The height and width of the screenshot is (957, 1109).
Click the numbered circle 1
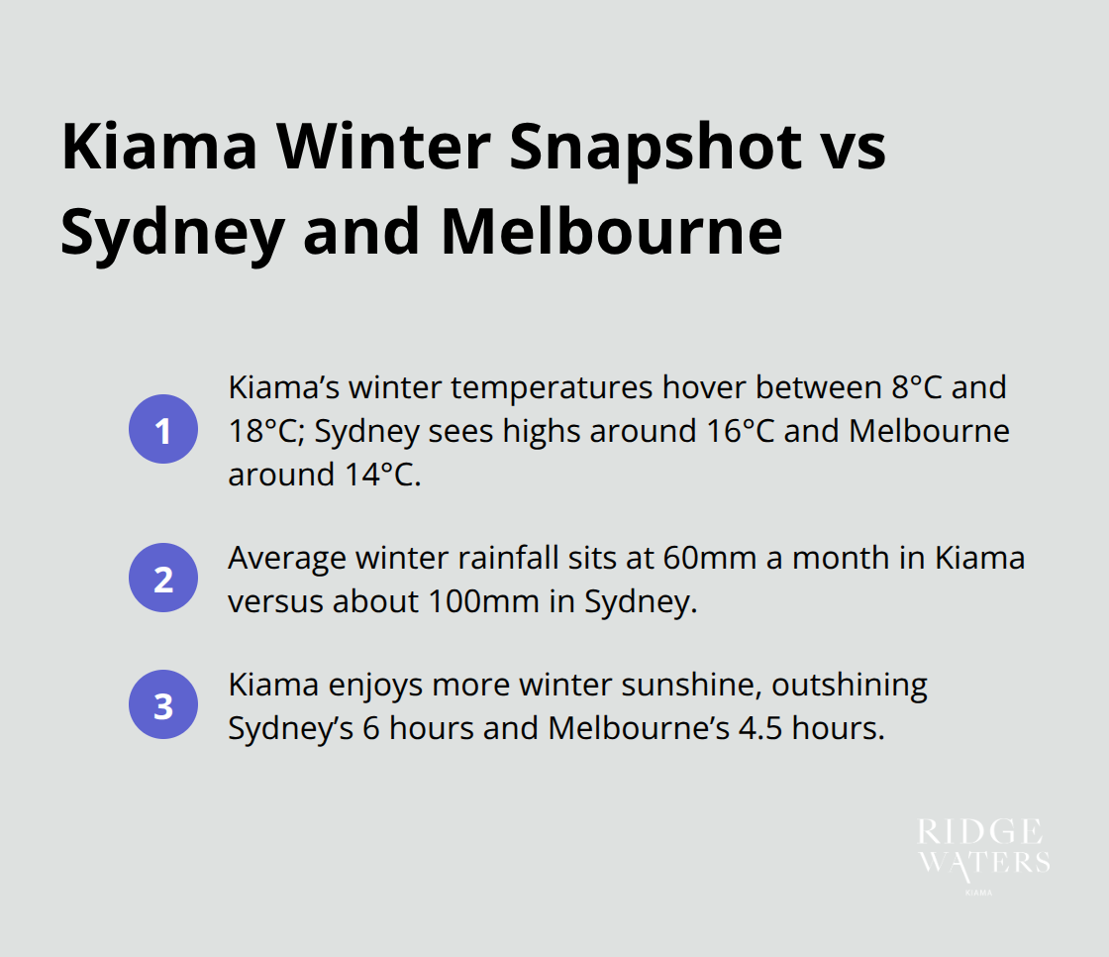[x=163, y=432]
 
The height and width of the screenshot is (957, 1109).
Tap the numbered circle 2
[x=163, y=579]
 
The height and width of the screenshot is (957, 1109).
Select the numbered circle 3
[x=163, y=706]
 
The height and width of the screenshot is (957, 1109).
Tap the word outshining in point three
[x=850, y=686]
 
